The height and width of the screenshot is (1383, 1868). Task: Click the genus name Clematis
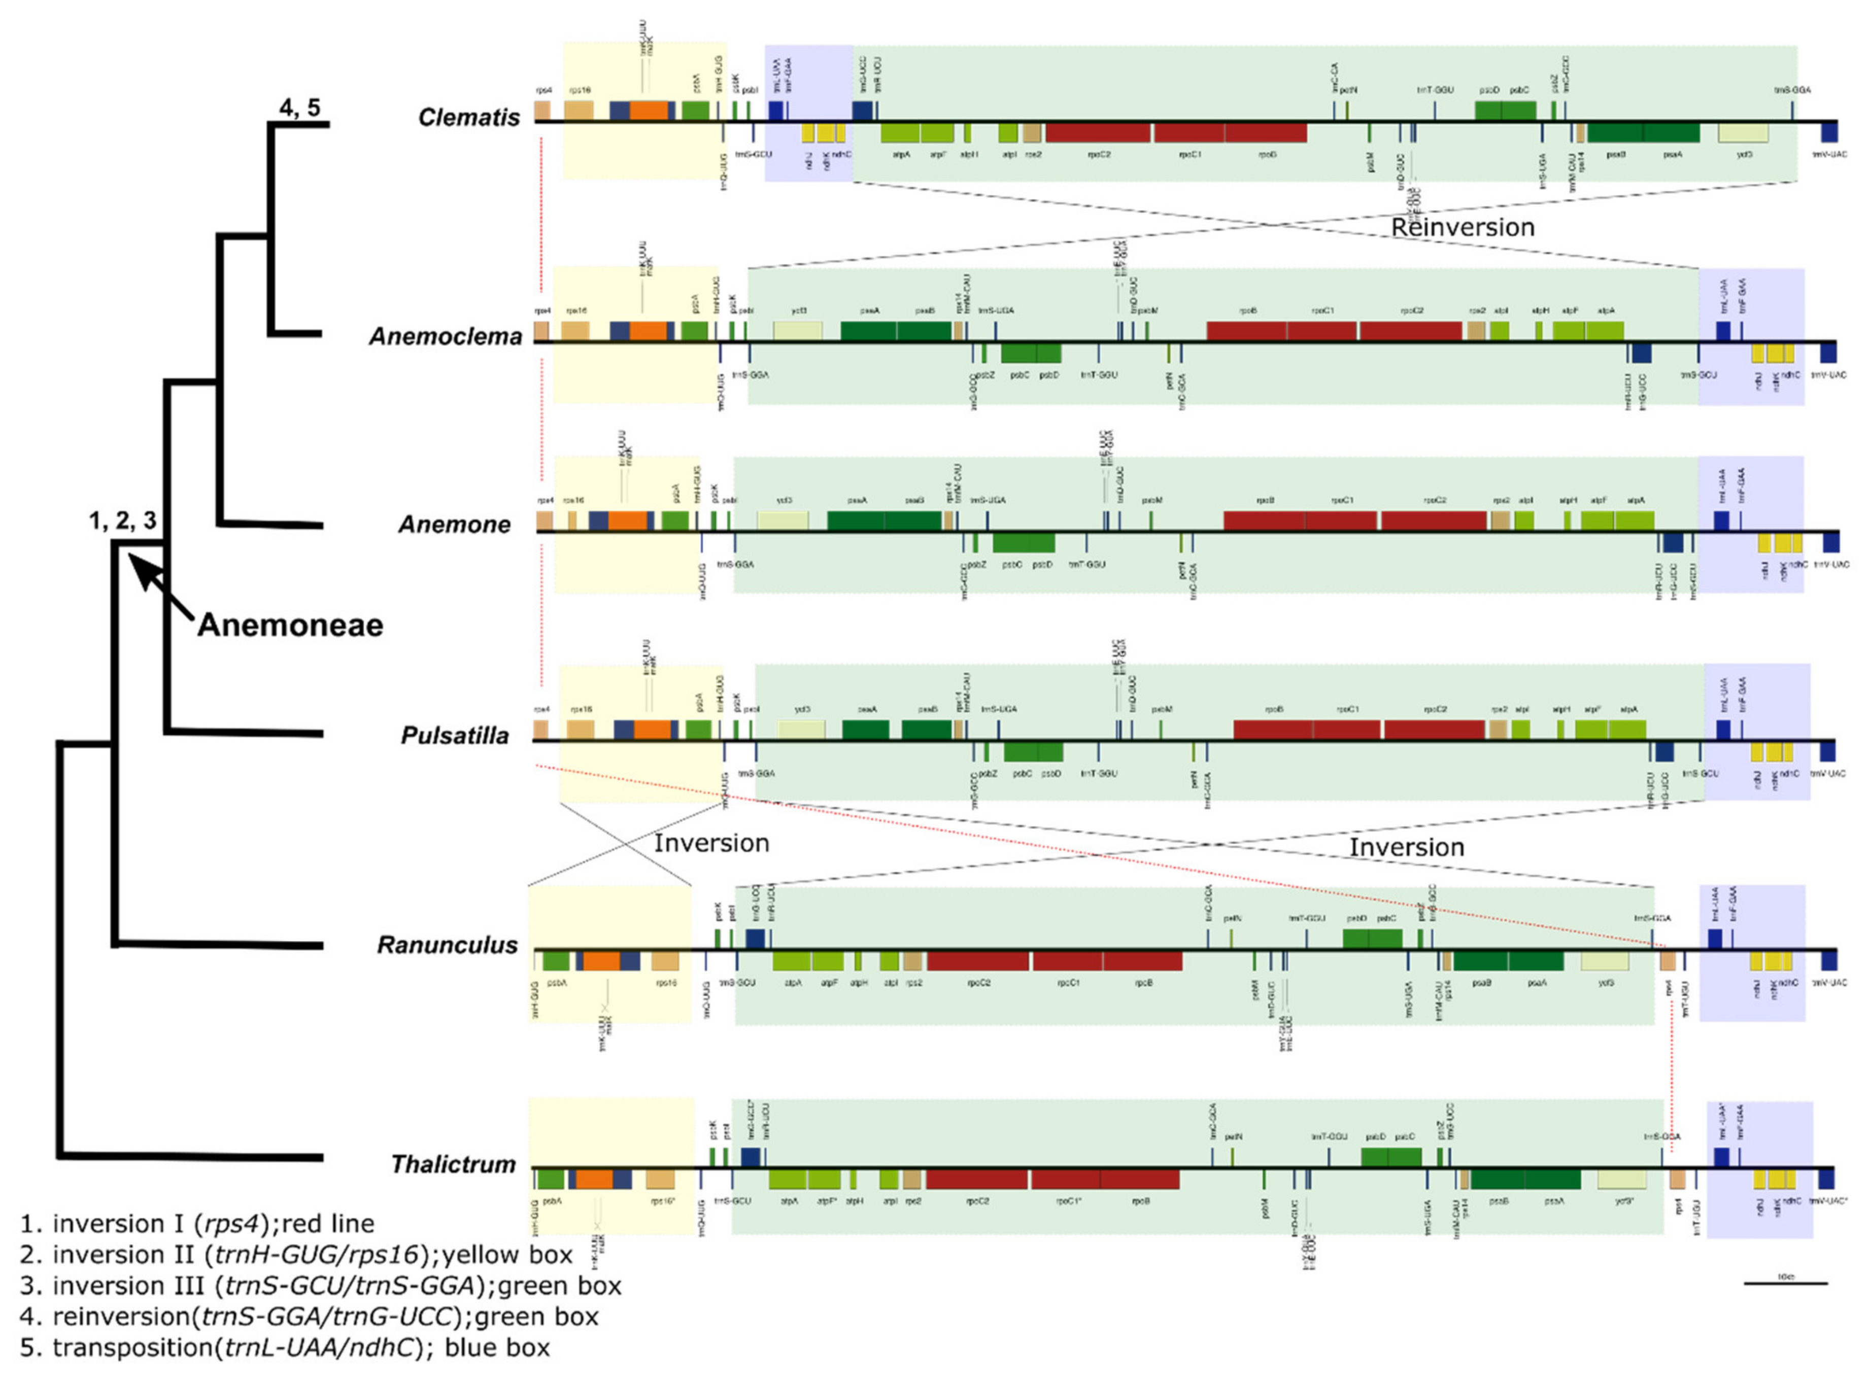469,117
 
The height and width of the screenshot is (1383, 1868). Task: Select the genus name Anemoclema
446,336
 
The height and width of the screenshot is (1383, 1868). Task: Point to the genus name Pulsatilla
455,736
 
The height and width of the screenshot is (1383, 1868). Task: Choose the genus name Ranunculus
447,945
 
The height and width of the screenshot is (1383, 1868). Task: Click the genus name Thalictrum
453,1164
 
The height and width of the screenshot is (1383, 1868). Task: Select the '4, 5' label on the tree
300,107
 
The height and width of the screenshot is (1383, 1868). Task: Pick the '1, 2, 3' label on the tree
122,521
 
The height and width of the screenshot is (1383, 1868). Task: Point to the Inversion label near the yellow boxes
711,843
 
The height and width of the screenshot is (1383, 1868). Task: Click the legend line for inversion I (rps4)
197,1224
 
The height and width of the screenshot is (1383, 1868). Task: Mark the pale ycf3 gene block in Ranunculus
1604,961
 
